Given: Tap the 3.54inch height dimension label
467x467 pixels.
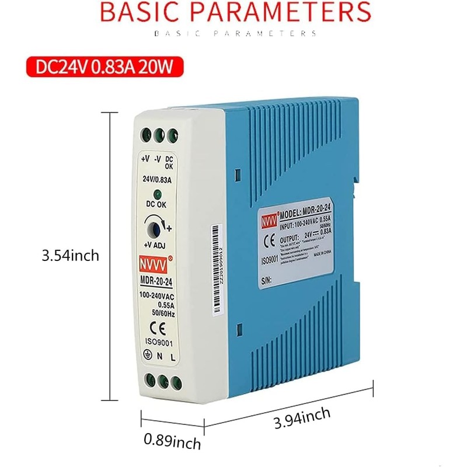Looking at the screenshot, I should [70, 256].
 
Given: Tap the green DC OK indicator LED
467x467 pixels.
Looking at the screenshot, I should [158, 195].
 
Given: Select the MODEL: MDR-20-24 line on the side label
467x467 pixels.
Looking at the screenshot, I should [310, 211].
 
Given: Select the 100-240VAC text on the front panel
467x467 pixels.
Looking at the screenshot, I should [156, 296].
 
